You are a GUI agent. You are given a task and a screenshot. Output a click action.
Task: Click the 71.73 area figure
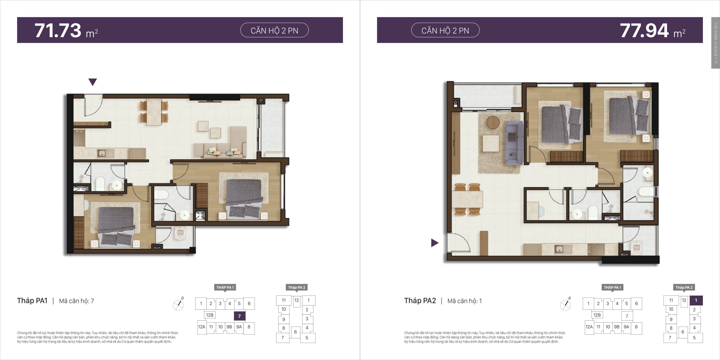[x=58, y=30]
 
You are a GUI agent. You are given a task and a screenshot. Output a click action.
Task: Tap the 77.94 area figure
[x=644, y=30]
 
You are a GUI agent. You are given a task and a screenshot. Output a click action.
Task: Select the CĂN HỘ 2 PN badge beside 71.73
[x=274, y=30]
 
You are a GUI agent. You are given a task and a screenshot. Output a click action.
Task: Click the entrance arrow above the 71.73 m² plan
[x=93, y=82]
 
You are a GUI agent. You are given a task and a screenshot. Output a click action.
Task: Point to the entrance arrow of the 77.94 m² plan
[x=435, y=243]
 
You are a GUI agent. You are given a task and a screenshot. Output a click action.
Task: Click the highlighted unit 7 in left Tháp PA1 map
[x=240, y=316]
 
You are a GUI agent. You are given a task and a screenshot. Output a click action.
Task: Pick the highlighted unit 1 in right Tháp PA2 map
[x=696, y=300]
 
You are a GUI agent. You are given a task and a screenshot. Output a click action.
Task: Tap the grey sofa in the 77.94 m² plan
[x=514, y=143]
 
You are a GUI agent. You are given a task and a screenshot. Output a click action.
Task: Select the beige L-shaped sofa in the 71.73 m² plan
[x=225, y=146]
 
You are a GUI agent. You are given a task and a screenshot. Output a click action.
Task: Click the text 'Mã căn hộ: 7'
[x=76, y=301]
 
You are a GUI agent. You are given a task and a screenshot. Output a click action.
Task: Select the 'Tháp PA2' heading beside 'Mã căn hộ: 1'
[x=420, y=301]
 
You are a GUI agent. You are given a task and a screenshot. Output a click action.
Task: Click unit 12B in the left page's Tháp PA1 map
[x=210, y=315]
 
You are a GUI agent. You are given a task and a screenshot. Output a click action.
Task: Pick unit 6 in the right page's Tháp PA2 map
[x=683, y=332]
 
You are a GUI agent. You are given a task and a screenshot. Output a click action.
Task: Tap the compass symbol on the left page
[x=178, y=304]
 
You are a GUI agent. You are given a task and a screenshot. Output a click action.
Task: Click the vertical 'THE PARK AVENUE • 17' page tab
[x=715, y=43]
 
